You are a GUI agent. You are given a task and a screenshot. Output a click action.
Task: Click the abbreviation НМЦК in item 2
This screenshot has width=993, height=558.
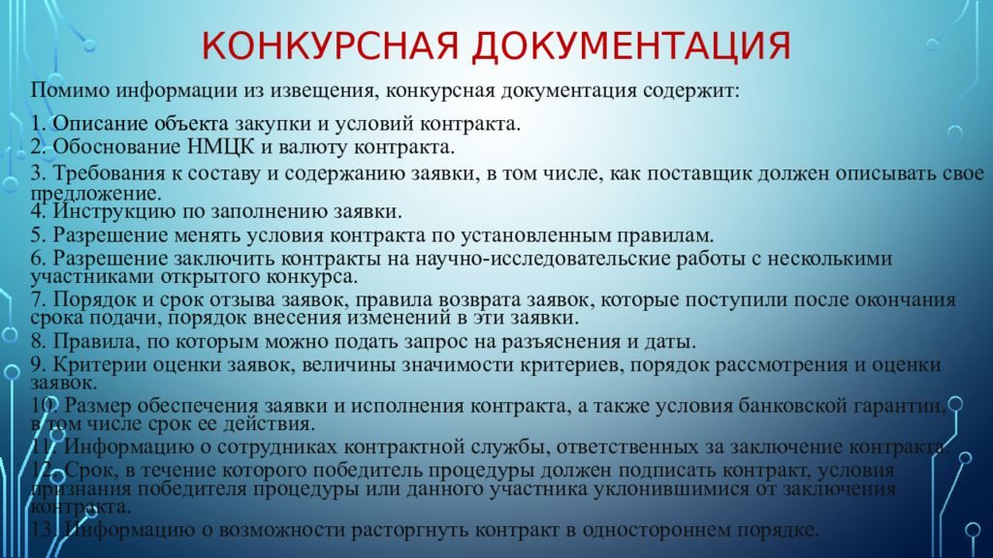pos(220,147)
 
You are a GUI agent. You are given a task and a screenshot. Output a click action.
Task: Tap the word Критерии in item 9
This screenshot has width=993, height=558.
pos(100,365)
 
